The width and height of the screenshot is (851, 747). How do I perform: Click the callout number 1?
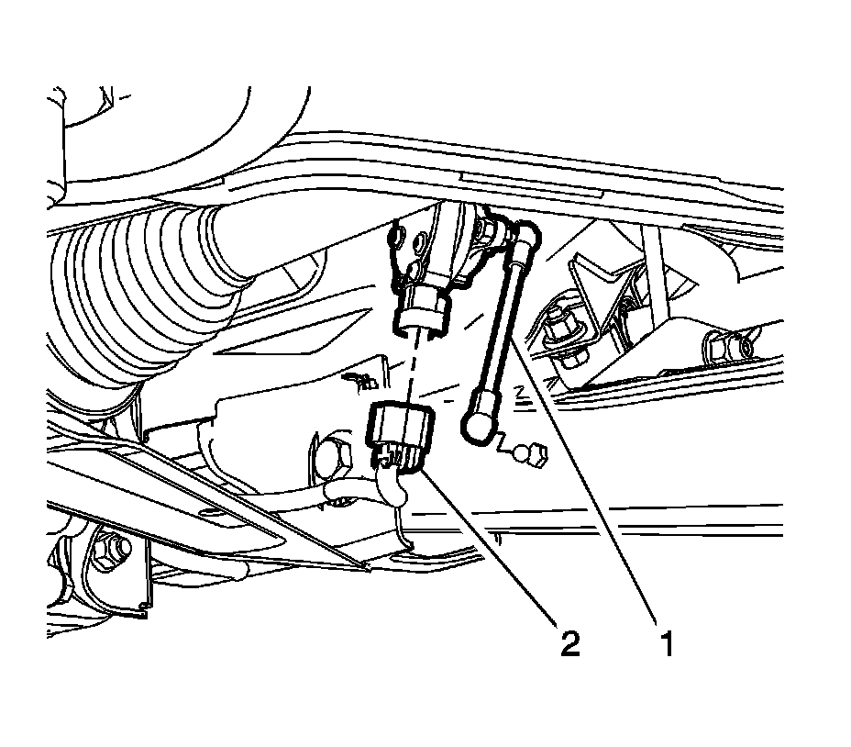click(667, 644)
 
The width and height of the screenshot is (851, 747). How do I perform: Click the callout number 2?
click(569, 644)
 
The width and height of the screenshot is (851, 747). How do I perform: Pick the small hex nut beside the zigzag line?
click(536, 452)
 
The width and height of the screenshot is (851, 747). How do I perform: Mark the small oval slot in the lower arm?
click(210, 512)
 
